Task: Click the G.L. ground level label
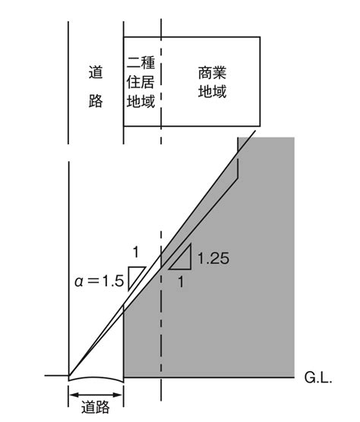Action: click(318, 377)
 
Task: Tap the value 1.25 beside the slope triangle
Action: click(213, 259)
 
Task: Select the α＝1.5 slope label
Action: click(99, 281)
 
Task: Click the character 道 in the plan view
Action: click(96, 72)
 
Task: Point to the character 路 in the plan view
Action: click(96, 101)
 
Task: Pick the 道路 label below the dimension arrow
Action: click(96, 407)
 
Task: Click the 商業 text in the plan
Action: click(212, 73)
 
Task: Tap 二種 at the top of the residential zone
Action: click(141, 62)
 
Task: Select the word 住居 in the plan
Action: click(141, 82)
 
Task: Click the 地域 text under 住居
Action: click(141, 101)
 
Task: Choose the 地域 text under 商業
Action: click(212, 91)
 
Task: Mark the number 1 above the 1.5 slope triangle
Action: click(136, 252)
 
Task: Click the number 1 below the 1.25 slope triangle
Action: click(181, 282)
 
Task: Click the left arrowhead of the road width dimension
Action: click(74, 395)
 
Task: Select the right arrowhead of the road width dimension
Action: click(118, 395)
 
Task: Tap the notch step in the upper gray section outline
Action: click(238, 178)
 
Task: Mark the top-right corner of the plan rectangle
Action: click(260, 36)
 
